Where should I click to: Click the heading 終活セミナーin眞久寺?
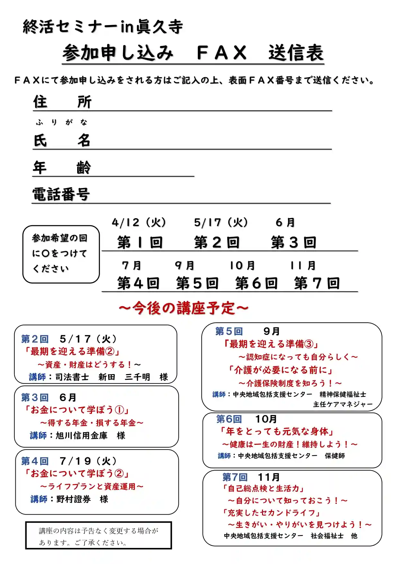[103, 27]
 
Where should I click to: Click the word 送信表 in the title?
[296, 53]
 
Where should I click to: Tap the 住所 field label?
[62, 102]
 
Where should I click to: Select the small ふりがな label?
[61, 122]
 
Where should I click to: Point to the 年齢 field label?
[62, 167]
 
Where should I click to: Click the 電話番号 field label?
[61, 194]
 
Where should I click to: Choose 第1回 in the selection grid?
[140, 242]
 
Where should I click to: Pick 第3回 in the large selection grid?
[294, 242]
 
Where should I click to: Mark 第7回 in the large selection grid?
[317, 283]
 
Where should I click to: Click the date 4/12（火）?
[139, 222]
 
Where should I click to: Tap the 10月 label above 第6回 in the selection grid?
[242, 265]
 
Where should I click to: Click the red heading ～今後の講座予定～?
[184, 308]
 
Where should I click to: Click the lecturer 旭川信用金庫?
[82, 435]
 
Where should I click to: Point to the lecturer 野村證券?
[74, 499]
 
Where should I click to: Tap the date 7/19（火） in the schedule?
[89, 461]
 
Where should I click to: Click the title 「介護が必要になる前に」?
[280, 370]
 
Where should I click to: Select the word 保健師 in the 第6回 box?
[335, 456]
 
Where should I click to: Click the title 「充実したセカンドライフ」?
[272, 513]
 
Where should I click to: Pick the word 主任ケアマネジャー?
[343, 404]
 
